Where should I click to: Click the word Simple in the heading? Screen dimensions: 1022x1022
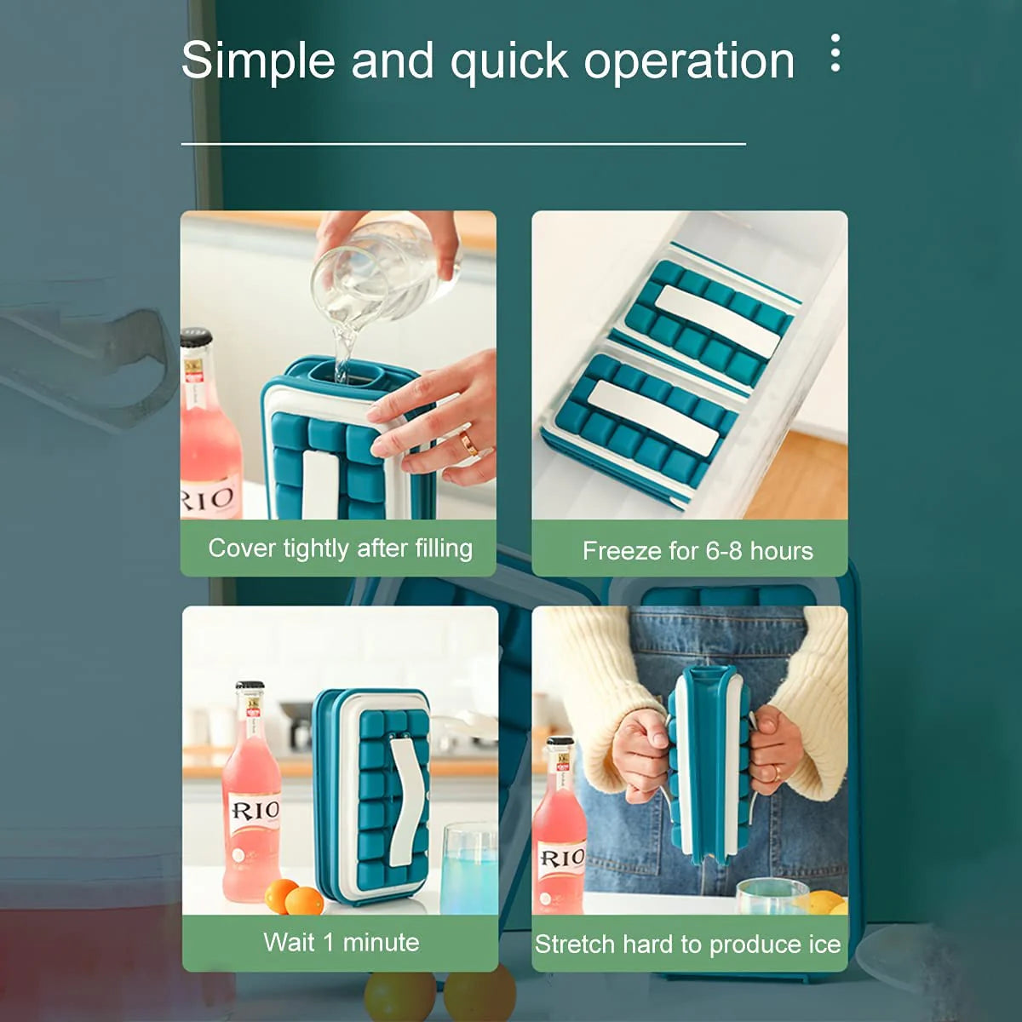tap(258, 61)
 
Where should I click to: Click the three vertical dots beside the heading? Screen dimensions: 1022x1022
tap(835, 53)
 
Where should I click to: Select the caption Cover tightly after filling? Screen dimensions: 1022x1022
tap(340, 548)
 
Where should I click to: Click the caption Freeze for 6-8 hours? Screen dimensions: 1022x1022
tap(698, 551)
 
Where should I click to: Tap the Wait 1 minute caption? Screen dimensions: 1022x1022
tap(341, 943)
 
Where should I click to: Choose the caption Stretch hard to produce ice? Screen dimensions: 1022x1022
tap(688, 944)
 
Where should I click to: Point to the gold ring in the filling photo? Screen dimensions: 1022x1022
tap(468, 442)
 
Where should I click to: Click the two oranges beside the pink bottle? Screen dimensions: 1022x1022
tap(293, 897)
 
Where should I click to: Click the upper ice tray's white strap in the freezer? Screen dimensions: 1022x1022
tap(717, 322)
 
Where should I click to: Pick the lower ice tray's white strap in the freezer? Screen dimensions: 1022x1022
tap(653, 417)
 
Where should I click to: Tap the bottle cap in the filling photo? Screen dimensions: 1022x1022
tap(196, 337)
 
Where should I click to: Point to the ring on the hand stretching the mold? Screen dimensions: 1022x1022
tap(776, 772)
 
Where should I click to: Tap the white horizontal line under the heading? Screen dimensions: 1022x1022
tap(463, 144)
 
